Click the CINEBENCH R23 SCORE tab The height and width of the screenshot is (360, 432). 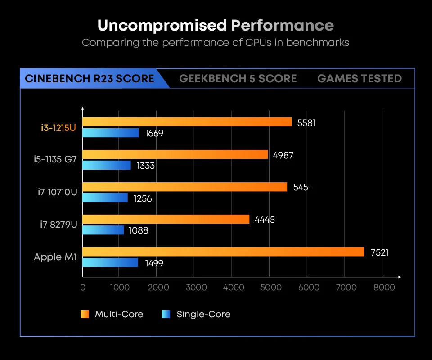click(90, 79)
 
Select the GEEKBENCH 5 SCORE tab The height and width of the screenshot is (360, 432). click(238, 79)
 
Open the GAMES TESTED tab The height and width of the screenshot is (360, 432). click(359, 79)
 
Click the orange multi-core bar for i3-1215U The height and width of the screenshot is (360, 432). click(187, 122)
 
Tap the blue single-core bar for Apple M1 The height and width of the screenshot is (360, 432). click(110, 262)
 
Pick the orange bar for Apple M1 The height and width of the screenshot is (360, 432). click(223, 252)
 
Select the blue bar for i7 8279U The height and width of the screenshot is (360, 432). click(103, 230)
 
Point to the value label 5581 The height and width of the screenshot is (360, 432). click(306, 122)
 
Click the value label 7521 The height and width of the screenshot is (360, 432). click(379, 252)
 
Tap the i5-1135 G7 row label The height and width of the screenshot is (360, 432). click(56, 160)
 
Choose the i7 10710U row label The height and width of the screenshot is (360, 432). click(58, 192)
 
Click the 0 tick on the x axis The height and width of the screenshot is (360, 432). click(83, 287)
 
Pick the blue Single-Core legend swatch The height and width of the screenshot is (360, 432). click(166, 314)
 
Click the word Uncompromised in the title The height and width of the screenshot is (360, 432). click(162, 25)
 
